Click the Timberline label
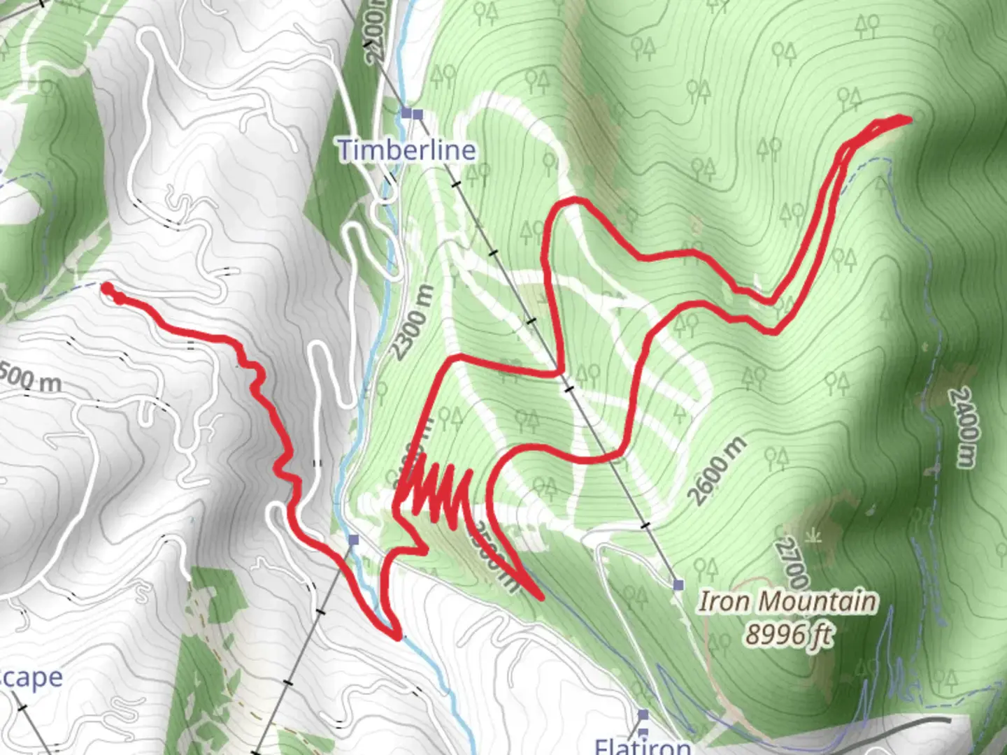click(407, 150)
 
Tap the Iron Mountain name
click(787, 601)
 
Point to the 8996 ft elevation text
click(789, 635)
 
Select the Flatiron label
click(642, 745)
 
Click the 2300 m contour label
click(413, 322)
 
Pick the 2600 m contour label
click(717, 470)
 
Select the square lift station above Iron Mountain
click(678, 584)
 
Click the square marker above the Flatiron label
click(643, 714)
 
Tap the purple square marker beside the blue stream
click(354, 540)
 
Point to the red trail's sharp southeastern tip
click(541, 598)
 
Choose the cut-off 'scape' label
click(31, 678)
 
